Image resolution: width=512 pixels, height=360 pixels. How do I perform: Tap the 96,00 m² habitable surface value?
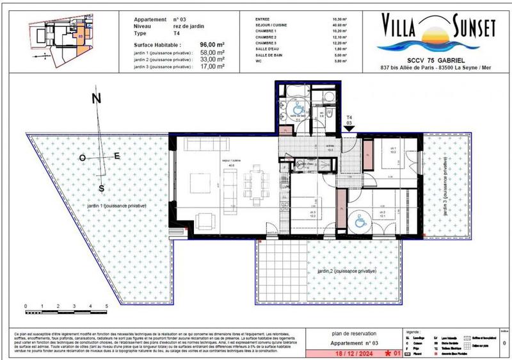[200, 45]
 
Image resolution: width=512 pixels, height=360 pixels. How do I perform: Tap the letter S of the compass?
[101, 187]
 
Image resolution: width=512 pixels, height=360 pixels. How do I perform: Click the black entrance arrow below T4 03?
[349, 130]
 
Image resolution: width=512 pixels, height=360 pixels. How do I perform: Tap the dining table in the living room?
[256, 183]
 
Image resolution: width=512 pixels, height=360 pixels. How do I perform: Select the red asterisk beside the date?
[387, 352]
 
